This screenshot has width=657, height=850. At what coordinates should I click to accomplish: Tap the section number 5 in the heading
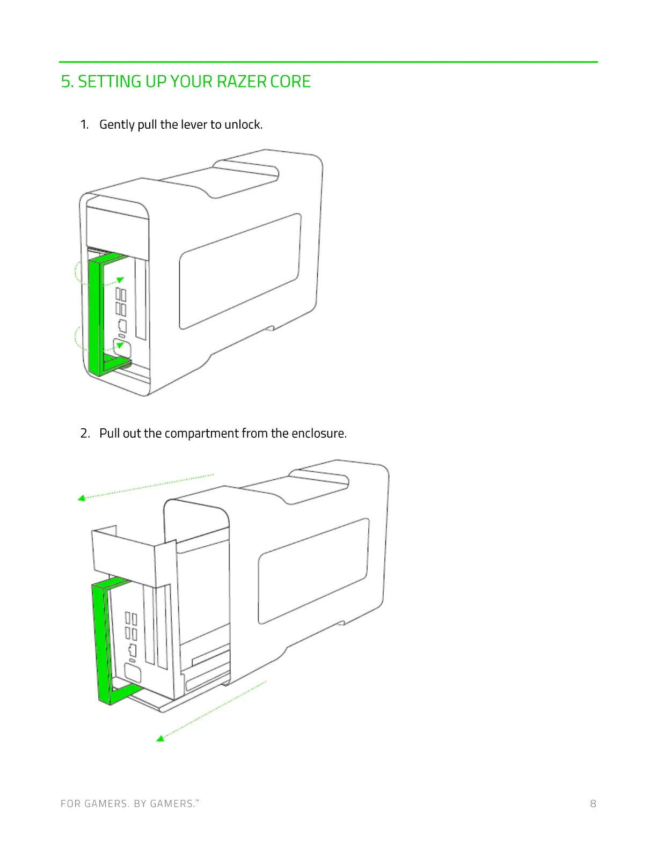click(65, 82)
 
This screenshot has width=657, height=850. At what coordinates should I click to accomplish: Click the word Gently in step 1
click(117, 124)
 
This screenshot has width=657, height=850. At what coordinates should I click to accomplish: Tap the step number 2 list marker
click(85, 433)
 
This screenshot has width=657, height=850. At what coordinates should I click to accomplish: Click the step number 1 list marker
click(84, 124)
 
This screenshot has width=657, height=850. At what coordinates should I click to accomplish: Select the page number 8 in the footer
click(593, 803)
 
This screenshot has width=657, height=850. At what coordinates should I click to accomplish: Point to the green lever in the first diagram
click(94, 317)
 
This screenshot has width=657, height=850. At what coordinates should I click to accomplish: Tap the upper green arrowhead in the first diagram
click(120, 280)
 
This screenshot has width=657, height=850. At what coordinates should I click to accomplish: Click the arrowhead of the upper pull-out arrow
click(82, 498)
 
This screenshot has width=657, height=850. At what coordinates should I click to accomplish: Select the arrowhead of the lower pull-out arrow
click(160, 738)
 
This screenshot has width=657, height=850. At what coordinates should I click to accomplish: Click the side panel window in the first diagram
click(240, 271)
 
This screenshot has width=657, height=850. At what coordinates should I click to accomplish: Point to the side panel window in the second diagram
click(314, 570)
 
